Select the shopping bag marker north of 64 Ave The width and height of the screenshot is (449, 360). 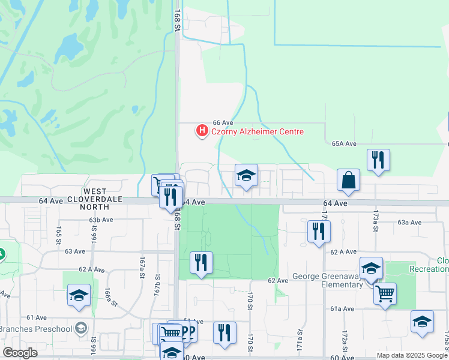pos(349,180)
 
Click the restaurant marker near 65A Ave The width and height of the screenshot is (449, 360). pos(378,160)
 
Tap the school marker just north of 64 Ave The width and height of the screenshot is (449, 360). pos(246,175)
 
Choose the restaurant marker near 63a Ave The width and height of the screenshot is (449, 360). pos(319,232)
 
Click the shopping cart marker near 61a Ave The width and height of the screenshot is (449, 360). pos(385,294)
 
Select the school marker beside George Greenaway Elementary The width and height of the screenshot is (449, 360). pos(371,268)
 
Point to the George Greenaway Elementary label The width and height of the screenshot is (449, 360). pos(328,281)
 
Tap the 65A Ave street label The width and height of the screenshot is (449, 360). pos(344,144)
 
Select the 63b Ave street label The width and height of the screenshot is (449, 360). pos(101,220)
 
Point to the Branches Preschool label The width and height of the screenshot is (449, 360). pos(35,329)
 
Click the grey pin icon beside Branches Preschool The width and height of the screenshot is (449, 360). pos(82,329)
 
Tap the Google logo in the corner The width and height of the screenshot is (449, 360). pos(20,353)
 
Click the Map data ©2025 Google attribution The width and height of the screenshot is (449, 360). pos(411,355)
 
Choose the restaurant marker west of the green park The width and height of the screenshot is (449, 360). pos(201,263)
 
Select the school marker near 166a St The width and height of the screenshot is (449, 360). pos(79,295)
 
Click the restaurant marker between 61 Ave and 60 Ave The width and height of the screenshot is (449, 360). pos(224,333)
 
